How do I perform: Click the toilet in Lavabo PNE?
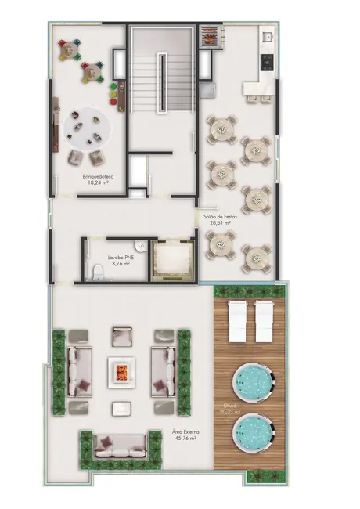pyautogui.click(x=96, y=272)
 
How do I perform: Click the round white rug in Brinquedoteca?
pyautogui.click(x=88, y=128)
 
